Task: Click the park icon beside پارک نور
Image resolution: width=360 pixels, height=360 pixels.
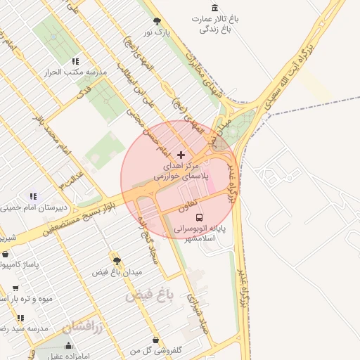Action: pos(156,21)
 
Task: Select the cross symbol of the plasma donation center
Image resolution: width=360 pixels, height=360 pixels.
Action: pos(181,154)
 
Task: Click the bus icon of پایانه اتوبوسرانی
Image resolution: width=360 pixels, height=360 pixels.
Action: pos(199,218)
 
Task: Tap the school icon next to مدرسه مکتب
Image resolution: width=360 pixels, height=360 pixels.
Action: pos(74,61)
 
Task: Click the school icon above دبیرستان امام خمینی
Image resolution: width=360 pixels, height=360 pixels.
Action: pos(32,196)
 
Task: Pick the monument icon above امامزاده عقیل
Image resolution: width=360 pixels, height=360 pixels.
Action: pos(68,345)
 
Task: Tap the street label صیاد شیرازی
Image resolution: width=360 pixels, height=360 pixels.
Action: pos(195,310)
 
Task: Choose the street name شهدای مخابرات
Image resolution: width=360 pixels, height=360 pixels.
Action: pos(203,76)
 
